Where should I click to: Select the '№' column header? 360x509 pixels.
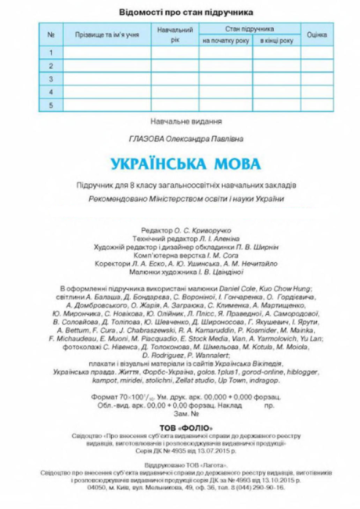[x=52, y=35]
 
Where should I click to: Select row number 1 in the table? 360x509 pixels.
[x=52, y=52]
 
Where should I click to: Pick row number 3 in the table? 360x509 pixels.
[x=52, y=80]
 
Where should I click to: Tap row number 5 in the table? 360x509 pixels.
[x=52, y=105]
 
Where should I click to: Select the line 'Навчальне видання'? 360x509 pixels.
[x=185, y=121]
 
